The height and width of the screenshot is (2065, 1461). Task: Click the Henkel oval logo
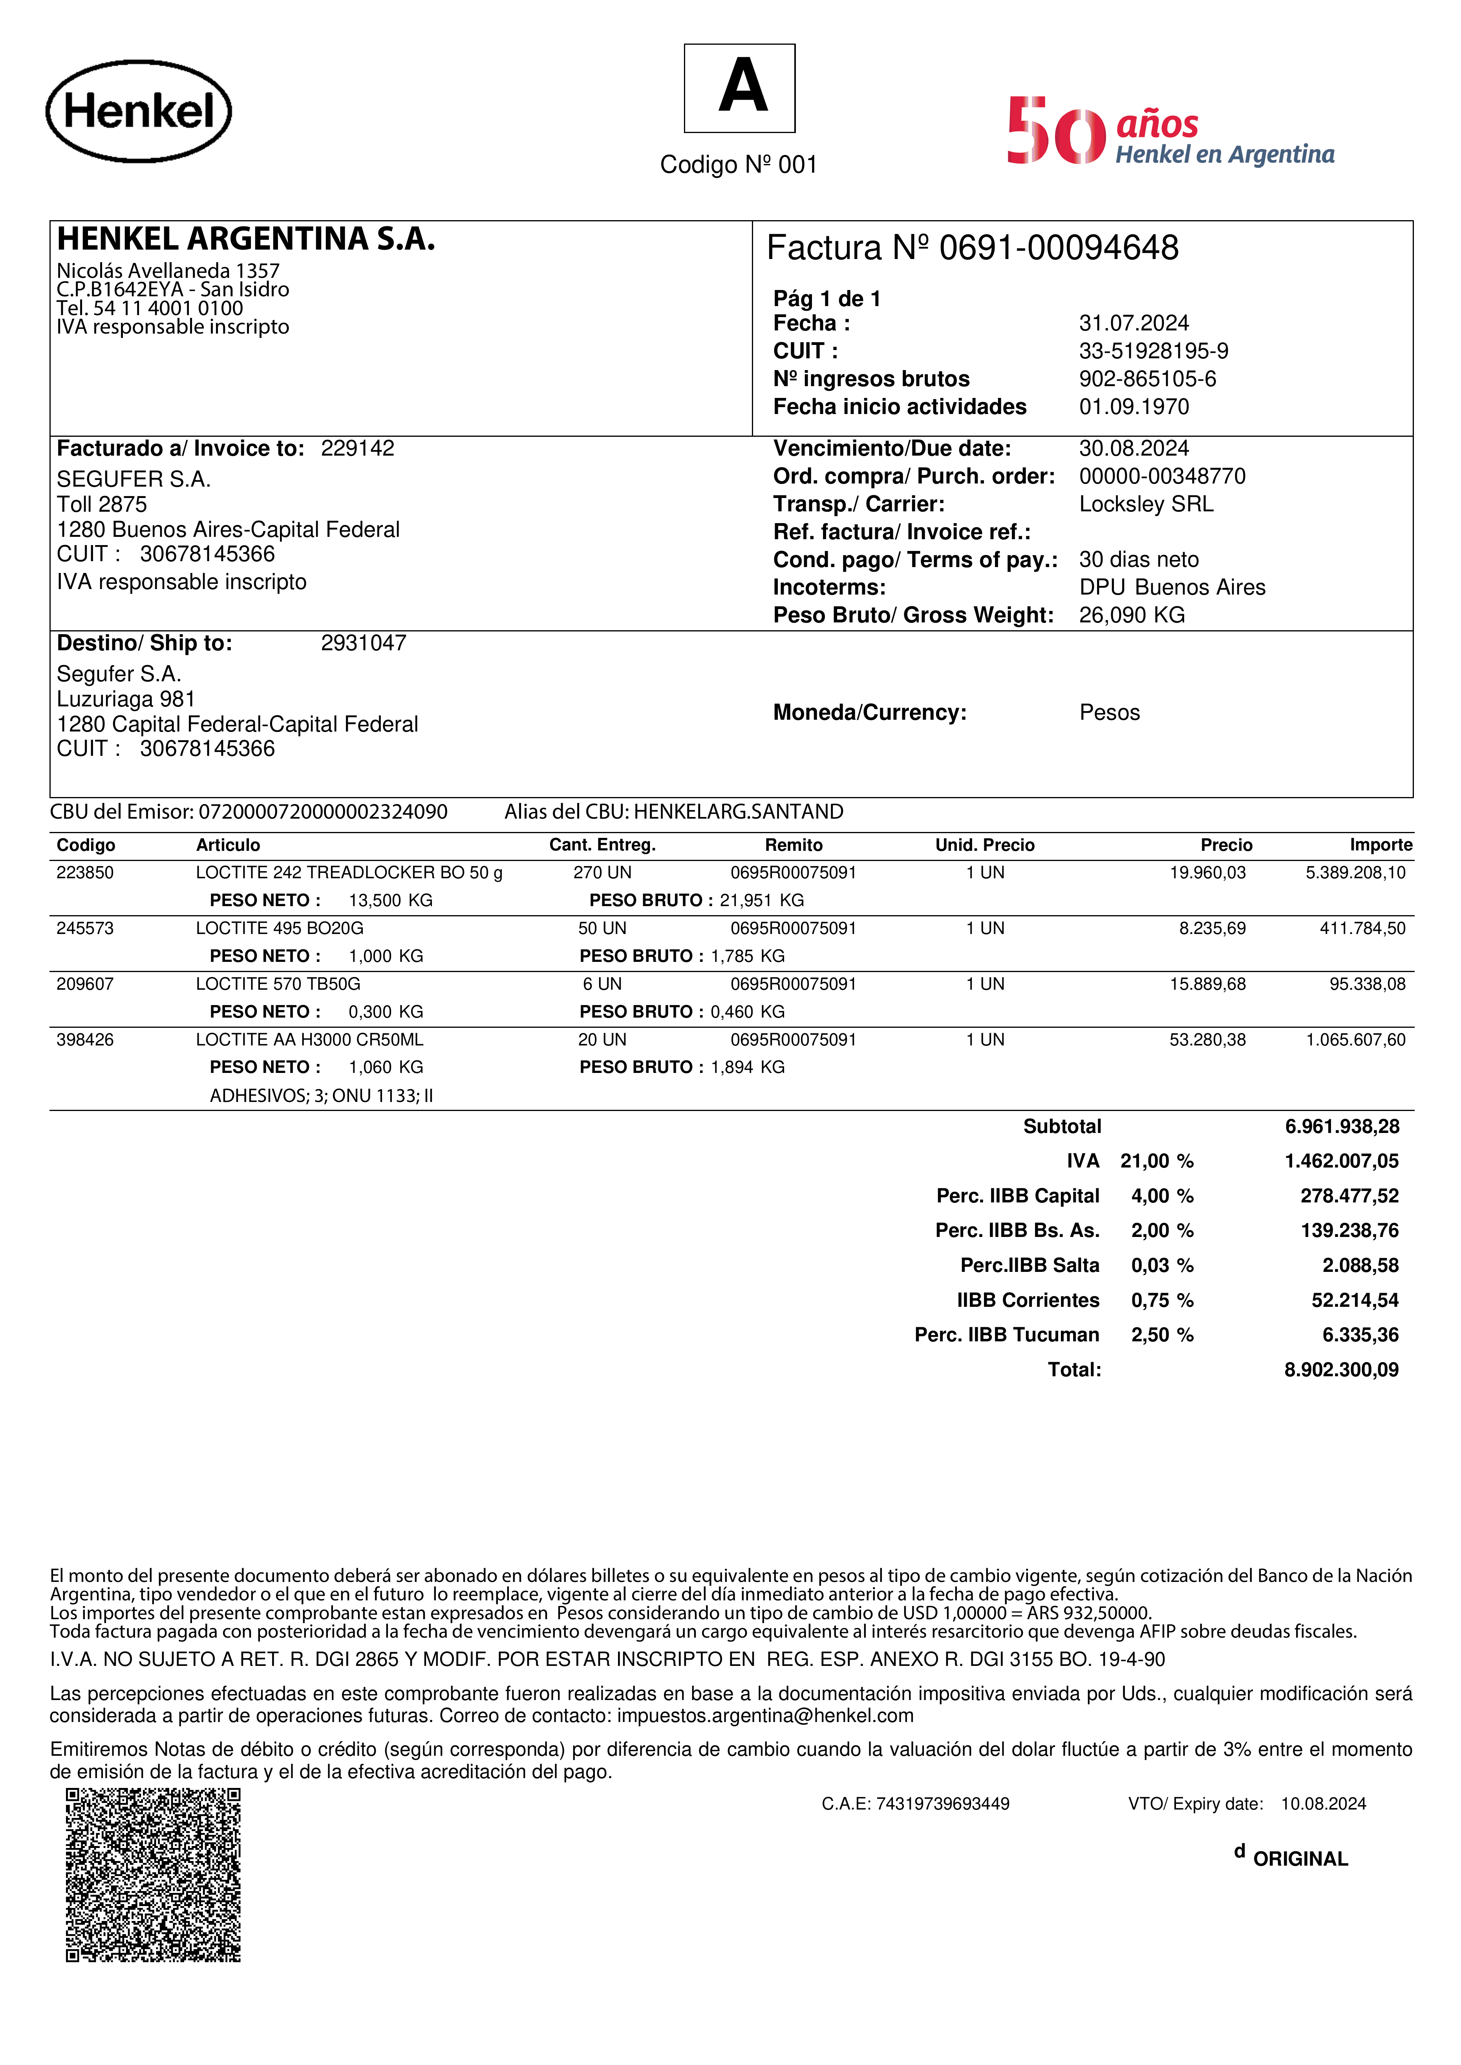point(139,111)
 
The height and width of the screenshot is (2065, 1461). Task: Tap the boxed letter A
point(739,88)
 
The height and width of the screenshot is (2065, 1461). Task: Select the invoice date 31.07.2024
point(1134,323)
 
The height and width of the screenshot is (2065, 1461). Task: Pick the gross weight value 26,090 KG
point(1132,615)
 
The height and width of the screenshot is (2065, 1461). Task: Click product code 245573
point(86,928)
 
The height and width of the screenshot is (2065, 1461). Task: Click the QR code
point(153,1875)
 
